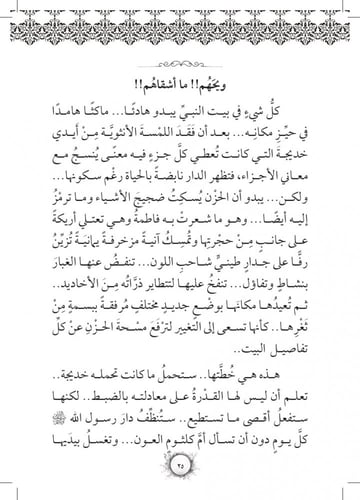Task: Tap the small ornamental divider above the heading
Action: tap(180, 58)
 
